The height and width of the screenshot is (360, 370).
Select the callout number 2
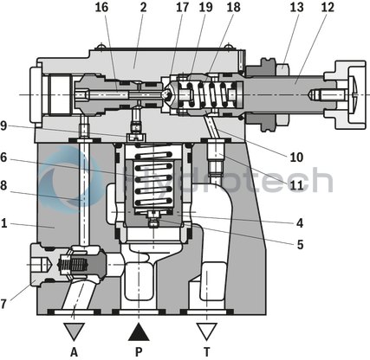142,8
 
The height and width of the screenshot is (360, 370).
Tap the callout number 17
182,8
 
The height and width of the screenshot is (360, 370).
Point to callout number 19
204,8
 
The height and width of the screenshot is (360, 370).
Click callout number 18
233,8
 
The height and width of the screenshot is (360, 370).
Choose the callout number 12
326,8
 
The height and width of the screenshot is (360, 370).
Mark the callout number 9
5,125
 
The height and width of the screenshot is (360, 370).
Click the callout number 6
5,157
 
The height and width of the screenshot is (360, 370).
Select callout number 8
5,184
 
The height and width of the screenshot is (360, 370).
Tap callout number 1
5,223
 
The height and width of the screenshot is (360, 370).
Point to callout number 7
5,303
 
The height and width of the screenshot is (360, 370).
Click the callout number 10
296,157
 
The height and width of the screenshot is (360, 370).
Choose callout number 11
296,184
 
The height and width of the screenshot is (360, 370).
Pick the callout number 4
299,222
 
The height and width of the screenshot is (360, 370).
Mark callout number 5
299,245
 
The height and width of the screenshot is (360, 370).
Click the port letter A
74,352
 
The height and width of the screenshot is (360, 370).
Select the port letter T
205,352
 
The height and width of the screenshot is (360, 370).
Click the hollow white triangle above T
205,331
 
